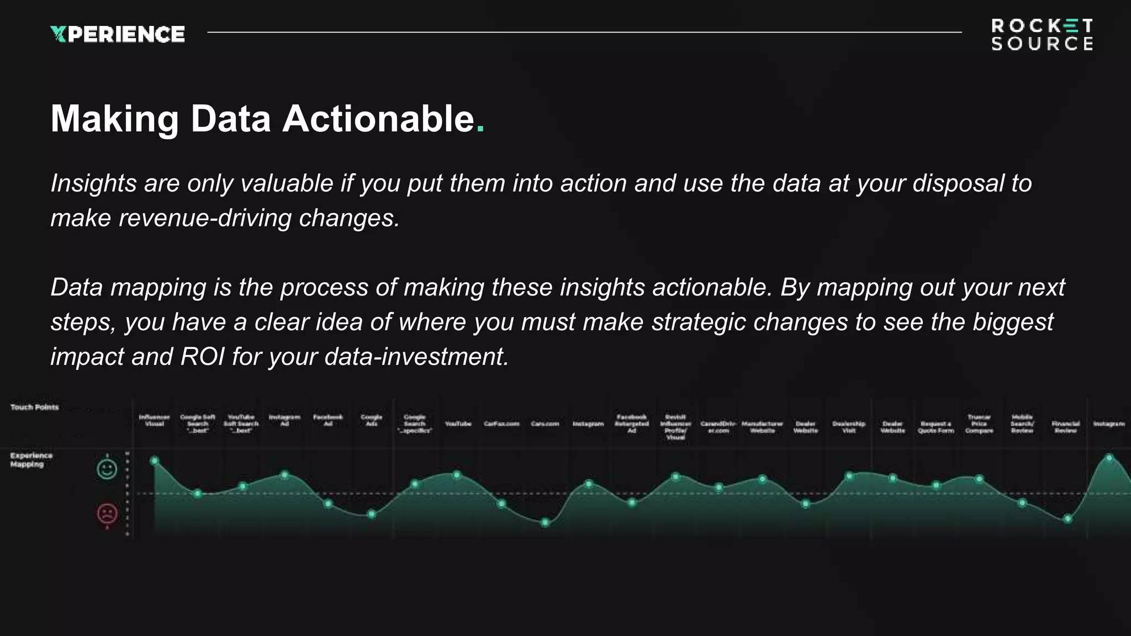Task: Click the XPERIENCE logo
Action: (x=117, y=34)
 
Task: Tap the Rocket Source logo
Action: (x=1042, y=35)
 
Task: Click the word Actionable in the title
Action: (x=378, y=119)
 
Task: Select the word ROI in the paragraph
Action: (x=202, y=357)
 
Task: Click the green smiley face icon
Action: (x=107, y=469)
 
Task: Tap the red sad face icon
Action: (x=107, y=514)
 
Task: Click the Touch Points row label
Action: (x=34, y=407)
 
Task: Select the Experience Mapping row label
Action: (x=31, y=460)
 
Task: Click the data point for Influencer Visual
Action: (x=155, y=460)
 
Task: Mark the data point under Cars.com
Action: (x=545, y=522)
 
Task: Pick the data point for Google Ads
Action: (x=372, y=515)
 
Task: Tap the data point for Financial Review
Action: (x=1068, y=519)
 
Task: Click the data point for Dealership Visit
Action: (x=849, y=476)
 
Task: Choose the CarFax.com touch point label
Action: (x=501, y=424)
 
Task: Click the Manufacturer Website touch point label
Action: (x=762, y=427)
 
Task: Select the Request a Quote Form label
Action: (x=936, y=427)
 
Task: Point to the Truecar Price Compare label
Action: (x=979, y=424)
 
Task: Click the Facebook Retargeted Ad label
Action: (x=632, y=424)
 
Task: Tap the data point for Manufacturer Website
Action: (x=763, y=479)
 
